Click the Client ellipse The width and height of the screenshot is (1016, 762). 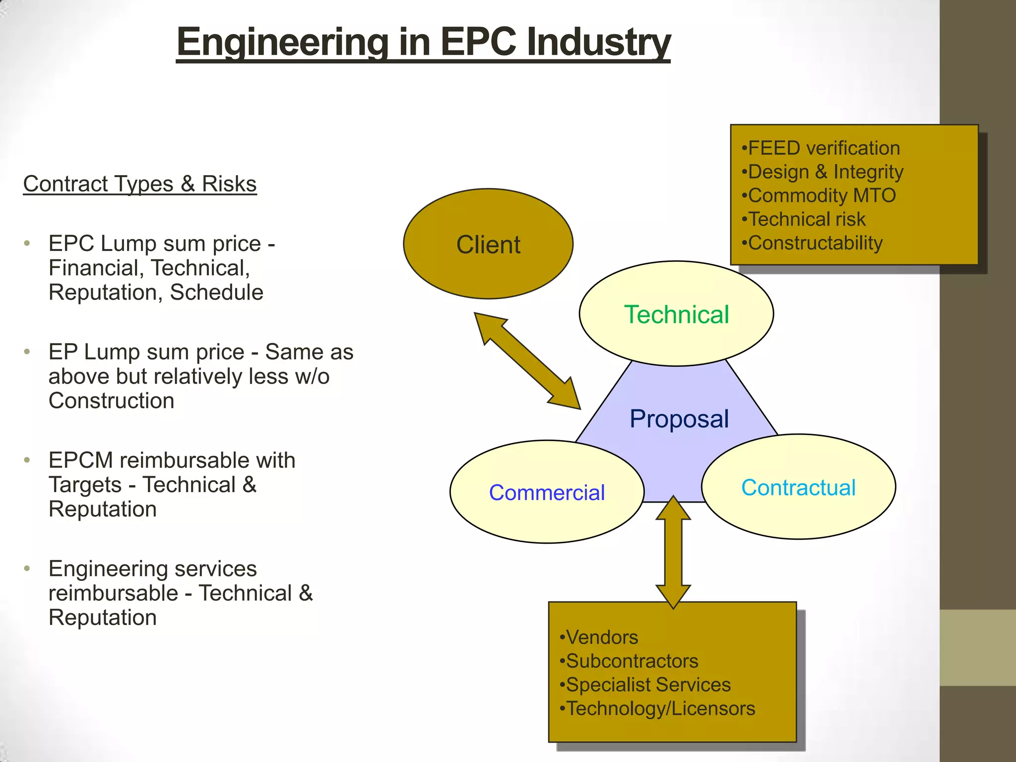pyautogui.click(x=488, y=244)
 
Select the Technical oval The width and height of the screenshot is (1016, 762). pyautogui.click(x=676, y=315)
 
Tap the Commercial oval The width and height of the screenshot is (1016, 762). pyautogui.click(x=547, y=493)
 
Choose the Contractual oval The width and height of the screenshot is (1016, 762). pyautogui.click(x=798, y=488)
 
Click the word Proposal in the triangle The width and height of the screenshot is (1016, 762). pyautogui.click(x=679, y=419)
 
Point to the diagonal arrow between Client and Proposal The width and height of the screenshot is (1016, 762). pyautogui.click(x=527, y=361)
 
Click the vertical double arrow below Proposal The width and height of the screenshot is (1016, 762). pyautogui.click(x=673, y=552)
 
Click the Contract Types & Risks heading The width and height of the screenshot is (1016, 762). pyautogui.click(x=140, y=184)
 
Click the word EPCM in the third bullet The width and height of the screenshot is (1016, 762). pyautogui.click(x=81, y=460)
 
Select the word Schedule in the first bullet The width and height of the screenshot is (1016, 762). pyautogui.click(x=216, y=292)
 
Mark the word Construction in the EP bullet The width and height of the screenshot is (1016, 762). pyautogui.click(x=112, y=401)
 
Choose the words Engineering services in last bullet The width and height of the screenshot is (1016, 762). pyautogui.click(x=152, y=569)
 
